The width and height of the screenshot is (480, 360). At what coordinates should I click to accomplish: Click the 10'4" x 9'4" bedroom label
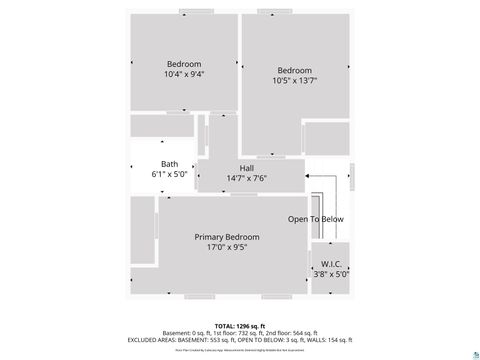[x=184, y=74]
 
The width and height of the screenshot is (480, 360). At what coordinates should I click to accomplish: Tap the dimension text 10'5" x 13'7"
[x=294, y=82]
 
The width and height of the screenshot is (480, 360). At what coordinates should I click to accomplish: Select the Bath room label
[x=170, y=164]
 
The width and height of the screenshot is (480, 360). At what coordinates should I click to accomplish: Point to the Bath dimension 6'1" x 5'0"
[x=170, y=174]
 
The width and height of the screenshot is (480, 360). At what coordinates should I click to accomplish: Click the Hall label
[x=246, y=168]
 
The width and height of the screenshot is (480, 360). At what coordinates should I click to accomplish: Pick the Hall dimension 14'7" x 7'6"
[x=246, y=178]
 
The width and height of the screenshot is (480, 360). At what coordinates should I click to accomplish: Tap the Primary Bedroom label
[x=227, y=237]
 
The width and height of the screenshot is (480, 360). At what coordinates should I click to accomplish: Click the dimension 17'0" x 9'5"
[x=227, y=247]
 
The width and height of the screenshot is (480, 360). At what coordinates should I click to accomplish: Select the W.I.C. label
[x=331, y=264]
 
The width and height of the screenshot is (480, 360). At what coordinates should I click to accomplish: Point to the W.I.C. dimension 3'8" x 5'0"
[x=331, y=273]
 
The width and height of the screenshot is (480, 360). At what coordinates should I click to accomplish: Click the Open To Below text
[x=316, y=219]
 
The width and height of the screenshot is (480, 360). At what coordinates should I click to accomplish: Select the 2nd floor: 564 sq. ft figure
[x=291, y=333]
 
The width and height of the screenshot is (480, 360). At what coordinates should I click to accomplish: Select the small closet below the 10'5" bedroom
[x=326, y=137]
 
